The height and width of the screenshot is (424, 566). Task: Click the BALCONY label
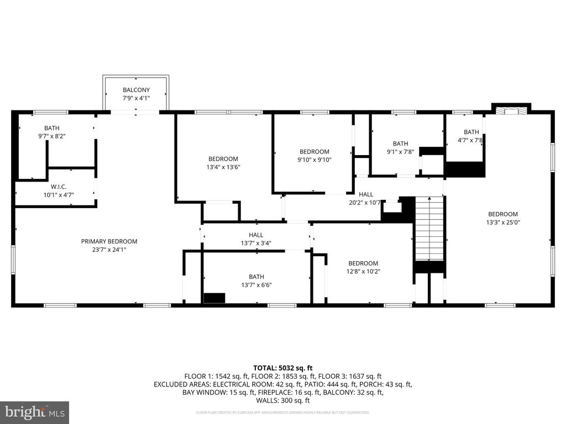136,90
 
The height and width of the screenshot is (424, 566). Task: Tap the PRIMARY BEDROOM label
109,241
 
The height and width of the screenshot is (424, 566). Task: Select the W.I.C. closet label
59,187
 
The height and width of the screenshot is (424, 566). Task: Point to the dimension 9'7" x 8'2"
56,136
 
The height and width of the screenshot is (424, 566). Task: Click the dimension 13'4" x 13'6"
223,167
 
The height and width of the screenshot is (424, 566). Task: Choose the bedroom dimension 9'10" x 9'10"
314,160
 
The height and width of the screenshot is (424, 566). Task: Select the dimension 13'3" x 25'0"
502,222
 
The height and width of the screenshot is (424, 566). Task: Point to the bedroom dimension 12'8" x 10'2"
363,271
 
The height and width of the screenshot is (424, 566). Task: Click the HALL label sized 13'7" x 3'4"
256,235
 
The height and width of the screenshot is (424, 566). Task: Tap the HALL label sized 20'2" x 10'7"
366,194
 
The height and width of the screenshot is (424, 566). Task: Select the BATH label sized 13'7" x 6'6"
256,277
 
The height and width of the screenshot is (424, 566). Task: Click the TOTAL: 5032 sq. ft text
282,367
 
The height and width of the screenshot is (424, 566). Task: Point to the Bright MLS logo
34,412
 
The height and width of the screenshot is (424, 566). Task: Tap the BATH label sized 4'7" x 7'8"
471,132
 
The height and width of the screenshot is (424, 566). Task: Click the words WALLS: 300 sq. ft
283,401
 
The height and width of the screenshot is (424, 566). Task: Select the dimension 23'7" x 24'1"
109,250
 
